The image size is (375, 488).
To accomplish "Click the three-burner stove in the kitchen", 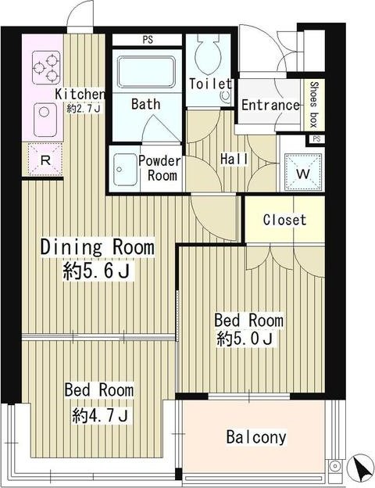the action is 46,67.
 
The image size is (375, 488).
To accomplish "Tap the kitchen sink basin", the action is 45,120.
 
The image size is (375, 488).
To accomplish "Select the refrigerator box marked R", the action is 45,160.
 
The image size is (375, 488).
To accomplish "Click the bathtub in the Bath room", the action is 145,72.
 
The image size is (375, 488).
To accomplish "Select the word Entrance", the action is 270,105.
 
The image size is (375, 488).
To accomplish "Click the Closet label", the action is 284,220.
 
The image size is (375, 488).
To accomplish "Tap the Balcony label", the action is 256,437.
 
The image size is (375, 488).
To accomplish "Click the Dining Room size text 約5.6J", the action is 96,271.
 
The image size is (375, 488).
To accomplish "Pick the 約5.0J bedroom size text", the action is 245,339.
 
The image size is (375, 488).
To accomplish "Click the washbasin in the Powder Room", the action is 125,170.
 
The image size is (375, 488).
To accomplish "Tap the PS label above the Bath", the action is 148,40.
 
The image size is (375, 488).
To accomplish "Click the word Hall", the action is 234,159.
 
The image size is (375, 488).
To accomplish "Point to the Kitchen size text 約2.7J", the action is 83,109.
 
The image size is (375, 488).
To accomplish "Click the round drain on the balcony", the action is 335,466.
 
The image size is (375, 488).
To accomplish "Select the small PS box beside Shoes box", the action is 316,138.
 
